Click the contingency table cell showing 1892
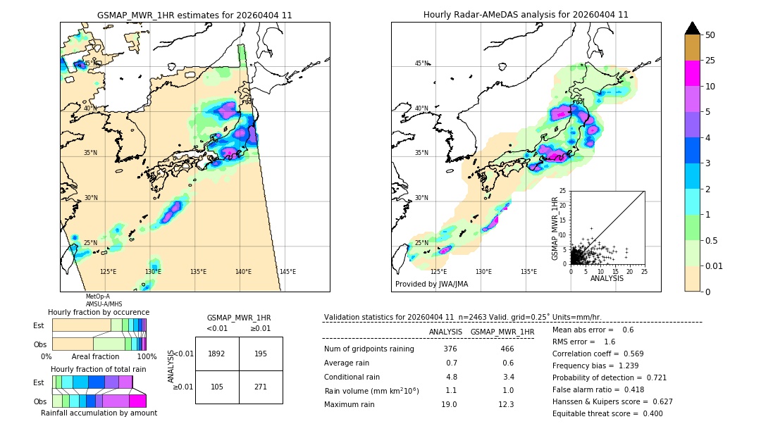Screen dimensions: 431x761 [x=216, y=354]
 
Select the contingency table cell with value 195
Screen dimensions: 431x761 [x=261, y=354]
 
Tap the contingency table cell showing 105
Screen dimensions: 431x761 [x=216, y=387]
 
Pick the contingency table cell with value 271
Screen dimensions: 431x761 [x=261, y=387]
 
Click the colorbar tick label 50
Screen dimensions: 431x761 [x=710, y=35]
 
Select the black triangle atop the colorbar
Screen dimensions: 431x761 [x=692, y=28]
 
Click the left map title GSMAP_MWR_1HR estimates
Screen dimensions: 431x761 [x=194, y=15]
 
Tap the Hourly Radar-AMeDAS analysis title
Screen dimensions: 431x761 [x=526, y=15]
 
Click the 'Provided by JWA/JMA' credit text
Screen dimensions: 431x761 [x=431, y=284]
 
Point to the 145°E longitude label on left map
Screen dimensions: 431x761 [x=287, y=272]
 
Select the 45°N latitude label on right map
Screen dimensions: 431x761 [x=421, y=63]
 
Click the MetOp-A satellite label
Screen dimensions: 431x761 [x=98, y=296]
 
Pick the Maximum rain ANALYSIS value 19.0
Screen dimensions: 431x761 [x=449, y=404]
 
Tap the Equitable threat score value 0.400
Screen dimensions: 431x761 [x=649, y=413]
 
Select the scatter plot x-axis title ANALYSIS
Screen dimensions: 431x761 [x=607, y=278]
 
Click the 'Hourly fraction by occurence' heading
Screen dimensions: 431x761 [x=99, y=312]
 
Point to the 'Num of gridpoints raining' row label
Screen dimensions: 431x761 [x=369, y=349]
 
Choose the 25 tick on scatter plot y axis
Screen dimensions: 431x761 [x=563, y=191]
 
